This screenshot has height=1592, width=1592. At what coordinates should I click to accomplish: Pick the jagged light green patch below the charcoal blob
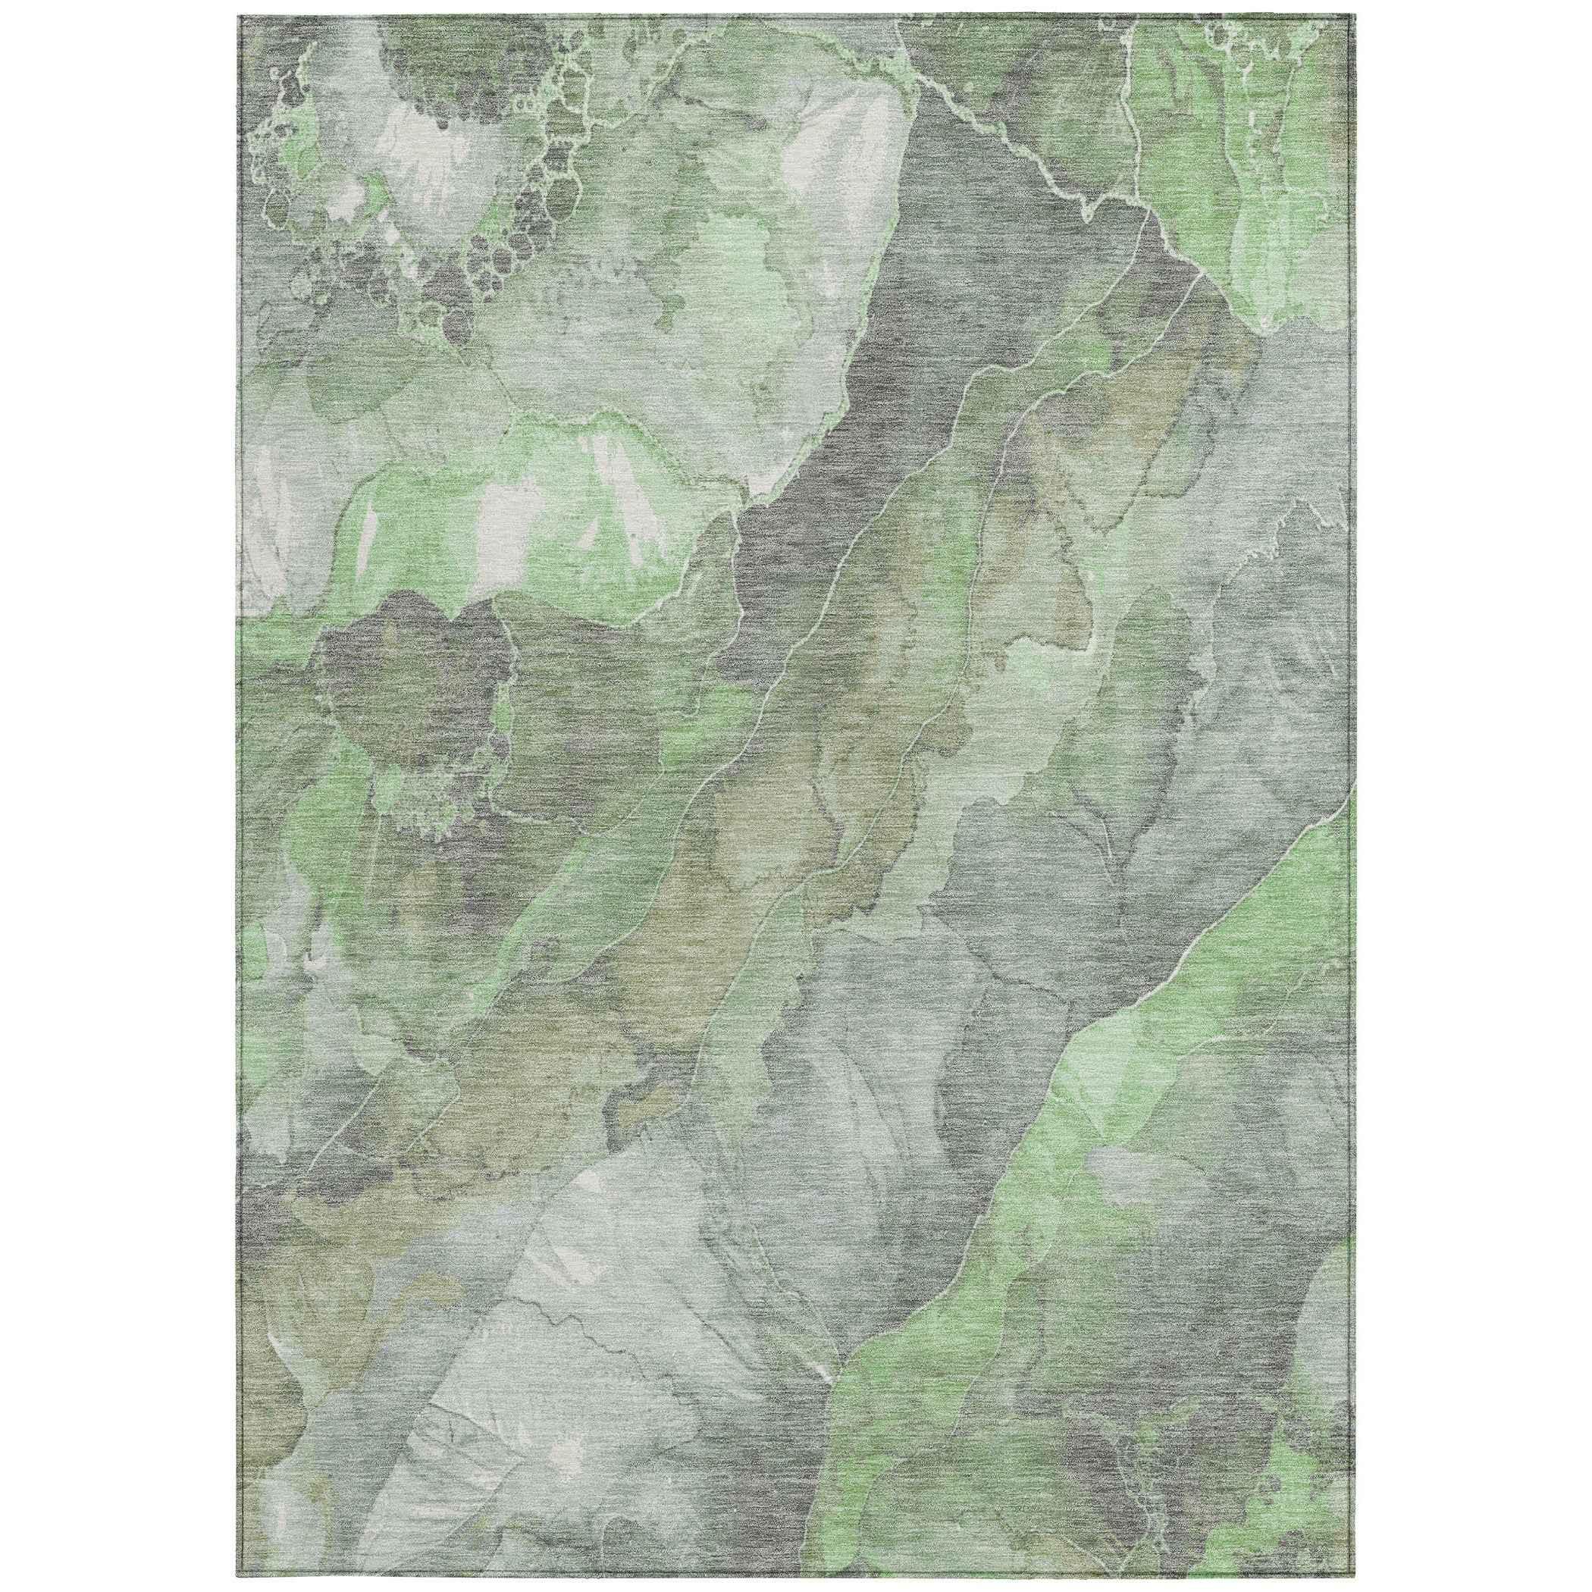click(x=420, y=816)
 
